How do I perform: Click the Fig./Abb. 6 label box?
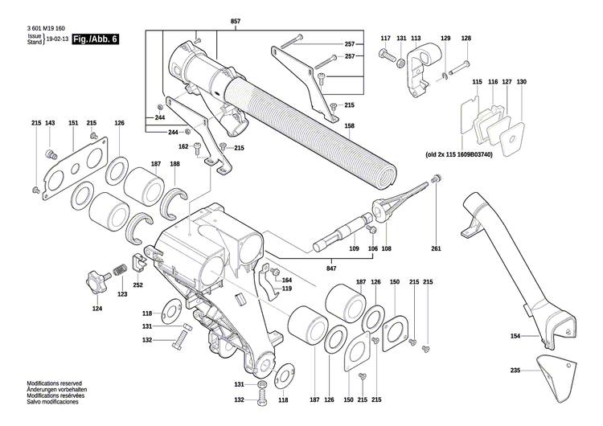95,39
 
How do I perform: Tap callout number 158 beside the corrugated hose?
350,126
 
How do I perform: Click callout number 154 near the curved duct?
515,336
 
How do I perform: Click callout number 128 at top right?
466,39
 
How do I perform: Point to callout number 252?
137,285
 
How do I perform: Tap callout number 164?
287,280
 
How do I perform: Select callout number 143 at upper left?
50,123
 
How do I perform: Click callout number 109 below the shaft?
354,250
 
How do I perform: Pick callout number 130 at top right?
521,83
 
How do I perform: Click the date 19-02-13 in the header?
57,39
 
